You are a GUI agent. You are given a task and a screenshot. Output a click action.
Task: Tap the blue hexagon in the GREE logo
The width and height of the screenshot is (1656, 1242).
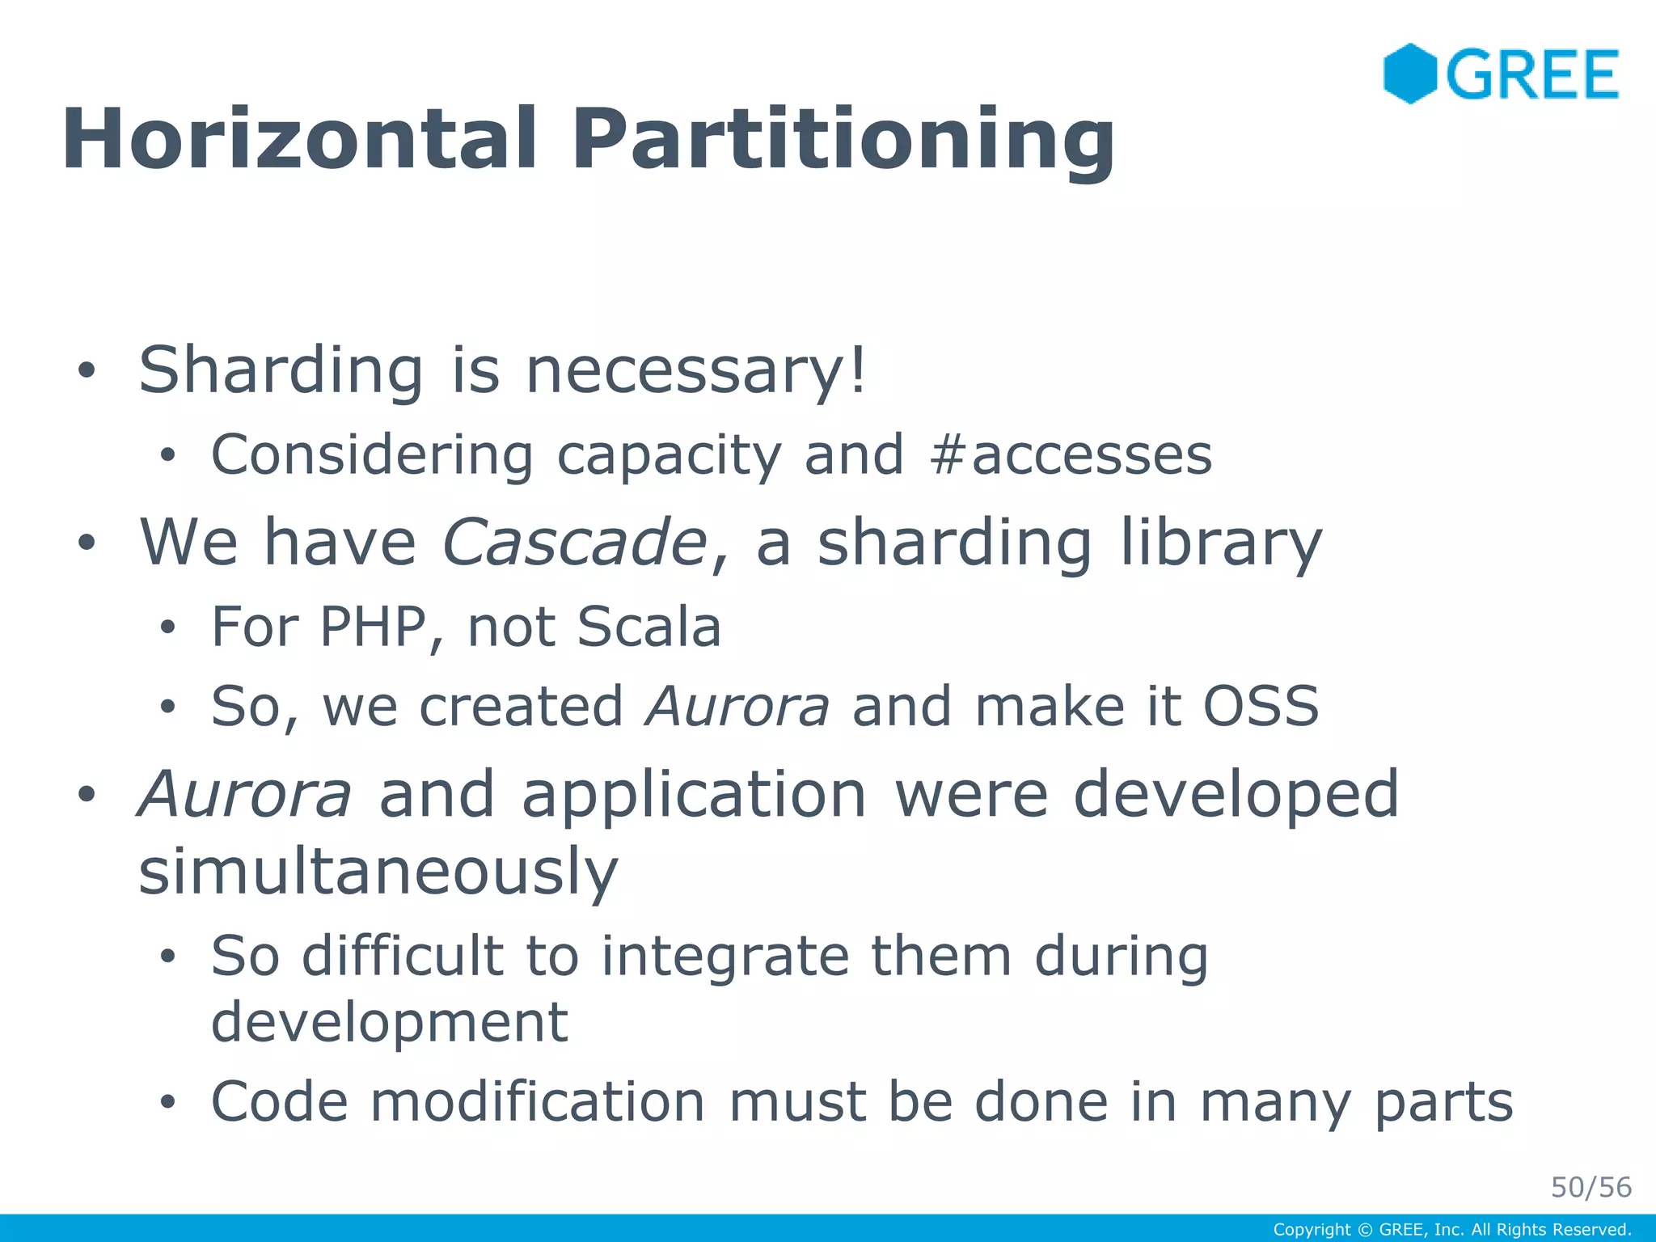1409,74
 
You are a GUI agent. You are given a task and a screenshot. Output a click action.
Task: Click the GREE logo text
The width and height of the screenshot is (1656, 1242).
1532,74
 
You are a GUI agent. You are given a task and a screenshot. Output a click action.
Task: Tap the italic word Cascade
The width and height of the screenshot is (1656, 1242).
575,542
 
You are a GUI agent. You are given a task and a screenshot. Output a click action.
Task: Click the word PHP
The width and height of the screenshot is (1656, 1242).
373,627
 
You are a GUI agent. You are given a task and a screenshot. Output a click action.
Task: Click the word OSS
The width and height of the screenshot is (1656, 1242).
1261,706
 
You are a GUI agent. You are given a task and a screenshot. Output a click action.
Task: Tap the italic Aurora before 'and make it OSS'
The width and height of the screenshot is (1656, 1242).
737,706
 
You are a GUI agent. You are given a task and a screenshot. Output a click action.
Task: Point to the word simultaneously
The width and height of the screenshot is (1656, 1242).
378,872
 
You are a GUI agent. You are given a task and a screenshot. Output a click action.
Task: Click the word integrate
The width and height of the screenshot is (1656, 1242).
725,957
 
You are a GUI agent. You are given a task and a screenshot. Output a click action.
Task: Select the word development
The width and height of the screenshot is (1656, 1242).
389,1022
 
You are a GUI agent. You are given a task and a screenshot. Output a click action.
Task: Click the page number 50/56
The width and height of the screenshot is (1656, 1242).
1591,1187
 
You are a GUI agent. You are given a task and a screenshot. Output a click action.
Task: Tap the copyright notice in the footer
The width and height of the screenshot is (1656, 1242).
1451,1230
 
